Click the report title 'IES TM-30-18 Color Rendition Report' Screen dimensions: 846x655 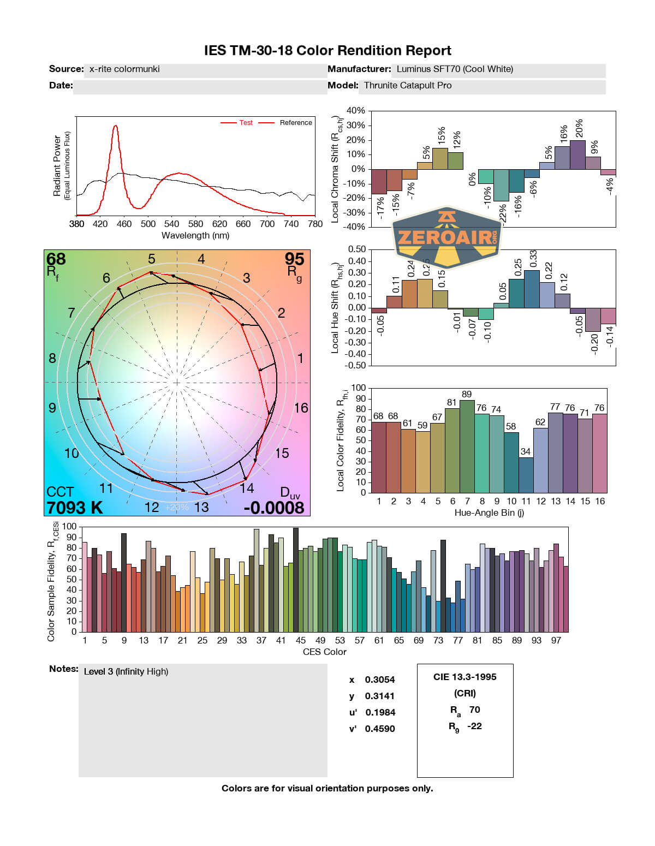327,51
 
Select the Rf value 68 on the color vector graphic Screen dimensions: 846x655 56,259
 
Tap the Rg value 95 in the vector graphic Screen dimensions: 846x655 294,259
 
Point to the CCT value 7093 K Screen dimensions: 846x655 75,508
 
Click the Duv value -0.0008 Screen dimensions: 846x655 274,508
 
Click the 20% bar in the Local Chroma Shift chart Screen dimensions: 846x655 577,155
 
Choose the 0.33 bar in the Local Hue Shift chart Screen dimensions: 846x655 532,289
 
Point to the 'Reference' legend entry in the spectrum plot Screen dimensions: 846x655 296,123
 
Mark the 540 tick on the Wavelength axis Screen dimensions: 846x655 171,224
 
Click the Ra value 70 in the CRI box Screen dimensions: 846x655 474,710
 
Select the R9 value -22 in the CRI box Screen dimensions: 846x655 474,726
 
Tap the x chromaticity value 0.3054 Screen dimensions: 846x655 379,680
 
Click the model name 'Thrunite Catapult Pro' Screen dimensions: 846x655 408,86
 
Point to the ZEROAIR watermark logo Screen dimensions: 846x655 447,237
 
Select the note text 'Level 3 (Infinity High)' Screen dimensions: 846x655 126,672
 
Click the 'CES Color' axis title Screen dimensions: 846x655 324,652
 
